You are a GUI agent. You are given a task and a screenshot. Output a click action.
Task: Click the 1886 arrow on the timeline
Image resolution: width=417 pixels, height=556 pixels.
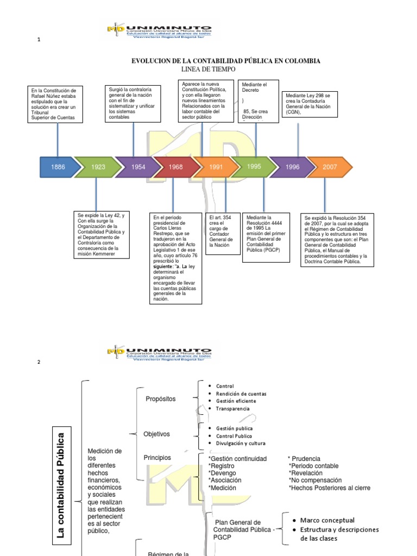(58, 167)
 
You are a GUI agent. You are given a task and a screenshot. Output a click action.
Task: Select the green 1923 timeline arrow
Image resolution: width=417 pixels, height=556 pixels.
(98, 167)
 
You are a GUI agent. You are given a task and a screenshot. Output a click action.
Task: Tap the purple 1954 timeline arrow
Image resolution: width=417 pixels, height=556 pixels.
(138, 167)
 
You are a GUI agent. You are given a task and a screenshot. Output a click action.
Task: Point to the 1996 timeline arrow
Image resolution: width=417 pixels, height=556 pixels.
(292, 167)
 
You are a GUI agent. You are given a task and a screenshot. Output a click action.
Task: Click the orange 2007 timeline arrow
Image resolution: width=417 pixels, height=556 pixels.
(330, 167)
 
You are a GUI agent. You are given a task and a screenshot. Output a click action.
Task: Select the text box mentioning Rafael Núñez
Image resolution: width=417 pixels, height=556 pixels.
(57, 104)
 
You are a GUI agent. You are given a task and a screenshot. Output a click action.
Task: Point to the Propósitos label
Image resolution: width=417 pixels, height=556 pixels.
(161, 399)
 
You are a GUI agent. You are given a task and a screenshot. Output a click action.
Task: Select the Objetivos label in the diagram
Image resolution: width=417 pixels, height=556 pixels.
(156, 434)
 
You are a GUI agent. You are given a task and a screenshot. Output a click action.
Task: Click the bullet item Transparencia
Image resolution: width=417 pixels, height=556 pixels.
(232, 408)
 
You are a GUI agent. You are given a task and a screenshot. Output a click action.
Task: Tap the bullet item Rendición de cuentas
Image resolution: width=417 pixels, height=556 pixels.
(241, 394)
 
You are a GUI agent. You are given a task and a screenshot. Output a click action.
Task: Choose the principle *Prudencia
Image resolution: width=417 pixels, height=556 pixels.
(304, 459)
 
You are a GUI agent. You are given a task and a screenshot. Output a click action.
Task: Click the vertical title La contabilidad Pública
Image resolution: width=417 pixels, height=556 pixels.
(61, 484)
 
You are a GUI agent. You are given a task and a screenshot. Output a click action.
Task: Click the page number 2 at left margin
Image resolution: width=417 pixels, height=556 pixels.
(39, 363)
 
